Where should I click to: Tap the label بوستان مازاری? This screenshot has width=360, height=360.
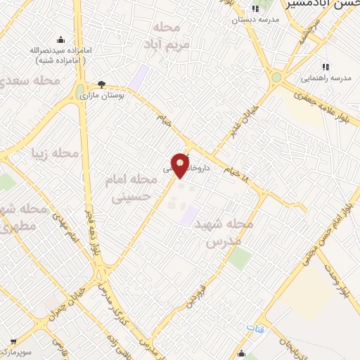tap(102, 95)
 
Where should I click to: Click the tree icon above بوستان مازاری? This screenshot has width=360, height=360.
tap(101, 84)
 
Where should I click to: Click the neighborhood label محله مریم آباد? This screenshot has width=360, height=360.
tap(169, 37)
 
